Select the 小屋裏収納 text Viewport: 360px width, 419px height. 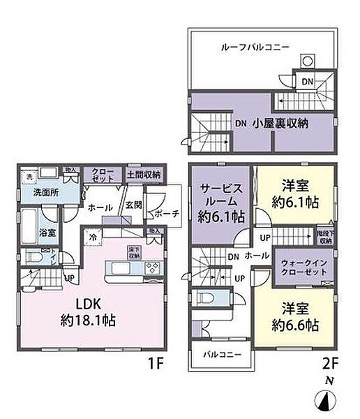coord(282,122)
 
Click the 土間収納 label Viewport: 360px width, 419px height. coord(143,174)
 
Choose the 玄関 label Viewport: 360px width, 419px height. coord(134,205)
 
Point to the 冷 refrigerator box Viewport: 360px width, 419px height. coord(92,237)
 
